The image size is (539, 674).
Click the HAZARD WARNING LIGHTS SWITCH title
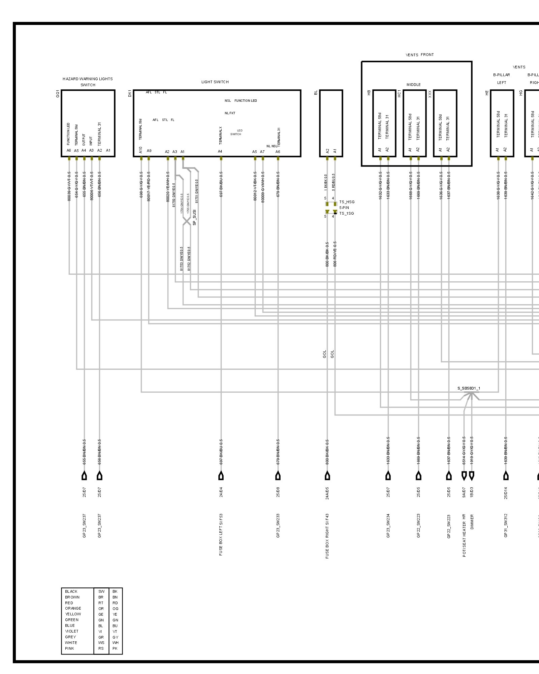click(88, 82)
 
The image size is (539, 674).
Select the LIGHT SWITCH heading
click(215, 82)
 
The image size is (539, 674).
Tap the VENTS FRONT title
click(419, 55)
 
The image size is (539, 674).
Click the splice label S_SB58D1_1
click(469, 388)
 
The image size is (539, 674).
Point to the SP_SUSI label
click(194, 217)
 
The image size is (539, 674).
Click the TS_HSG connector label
click(347, 202)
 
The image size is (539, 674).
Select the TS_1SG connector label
click(346, 213)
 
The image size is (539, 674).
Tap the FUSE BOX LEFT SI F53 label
click(221, 534)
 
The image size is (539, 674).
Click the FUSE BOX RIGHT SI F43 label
click(327, 536)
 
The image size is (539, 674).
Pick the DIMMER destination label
click(472, 522)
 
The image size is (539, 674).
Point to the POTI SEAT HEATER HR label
click(464, 535)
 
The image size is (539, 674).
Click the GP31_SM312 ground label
click(506, 525)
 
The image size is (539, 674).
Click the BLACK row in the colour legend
click(71, 591)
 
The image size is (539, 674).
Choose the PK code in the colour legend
click(115, 648)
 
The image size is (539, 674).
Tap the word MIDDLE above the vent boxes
click(413, 85)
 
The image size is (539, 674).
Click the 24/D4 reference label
click(221, 492)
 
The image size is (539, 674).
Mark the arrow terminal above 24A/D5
click(327, 476)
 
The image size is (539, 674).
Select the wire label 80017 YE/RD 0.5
click(149, 187)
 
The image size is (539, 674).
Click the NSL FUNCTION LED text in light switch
click(241, 100)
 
